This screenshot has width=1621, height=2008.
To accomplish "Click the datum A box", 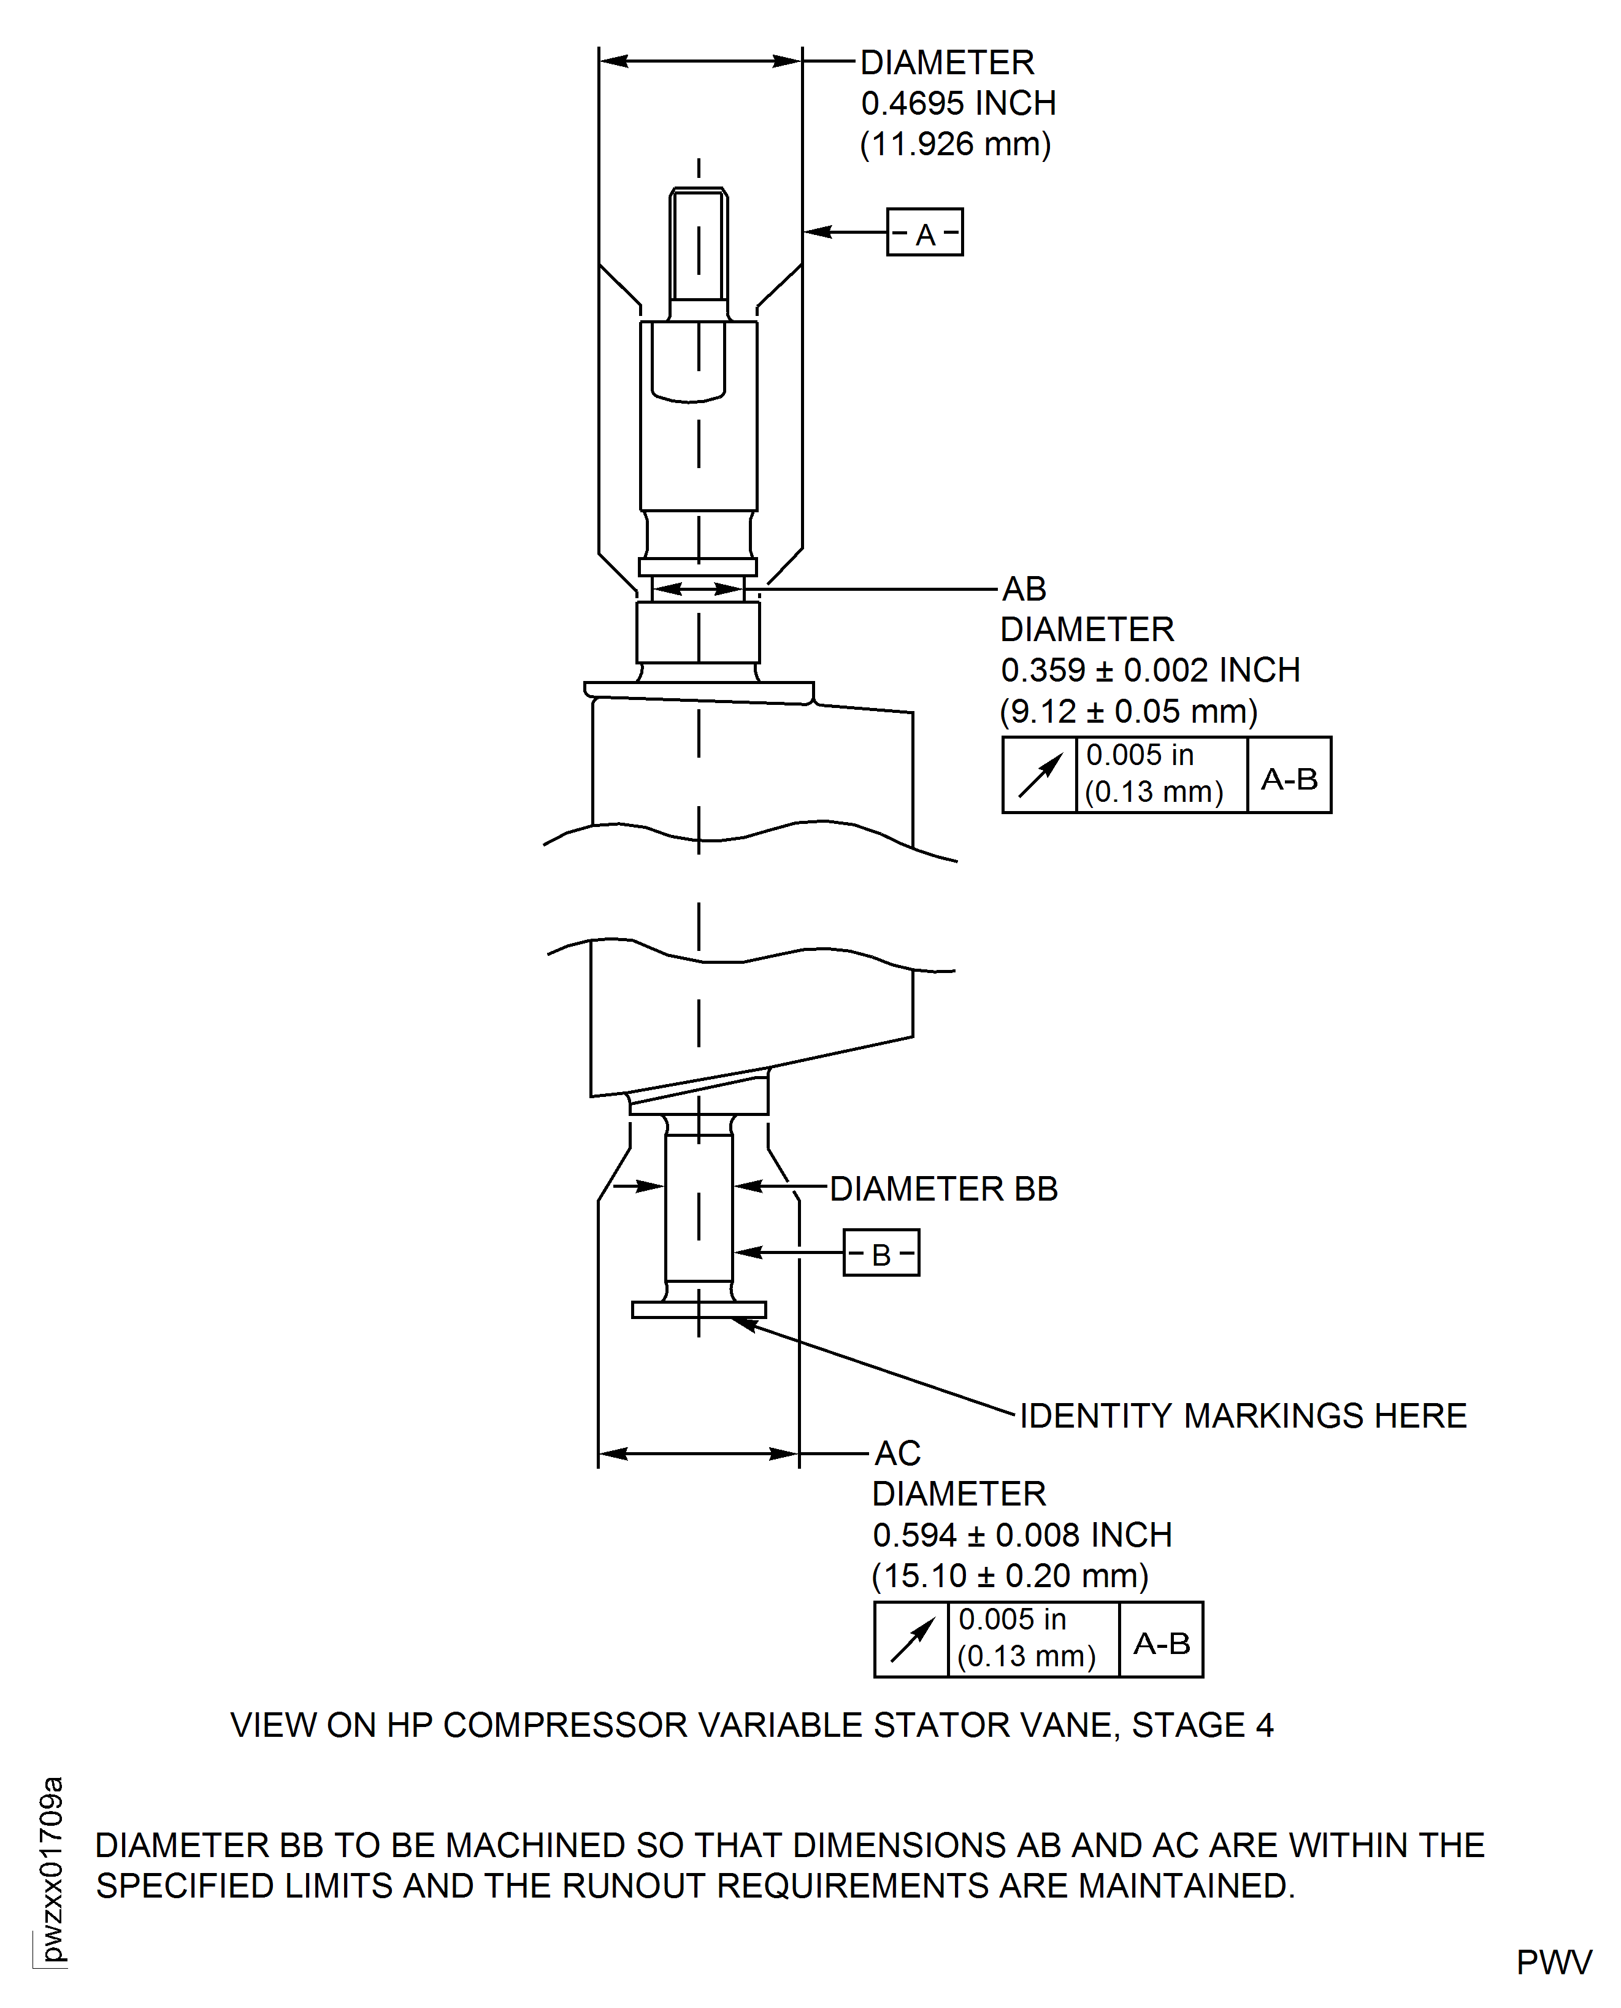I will pyautogui.click(x=924, y=233).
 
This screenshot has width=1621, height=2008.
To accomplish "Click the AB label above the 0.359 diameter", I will pyautogui.click(x=1024, y=590).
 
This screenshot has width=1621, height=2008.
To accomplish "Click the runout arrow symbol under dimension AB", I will pyautogui.click(x=1040, y=775).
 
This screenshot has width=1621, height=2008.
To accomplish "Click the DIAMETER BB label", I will pyautogui.click(x=943, y=1189).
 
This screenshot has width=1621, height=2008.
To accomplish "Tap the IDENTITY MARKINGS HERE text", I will pyautogui.click(x=1243, y=1416).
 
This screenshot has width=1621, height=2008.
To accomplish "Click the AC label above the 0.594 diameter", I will pyautogui.click(x=897, y=1454).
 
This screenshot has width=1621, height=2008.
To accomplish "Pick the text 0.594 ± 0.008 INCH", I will pyautogui.click(x=1022, y=1536).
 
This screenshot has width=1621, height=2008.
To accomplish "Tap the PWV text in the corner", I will pyautogui.click(x=1554, y=1963).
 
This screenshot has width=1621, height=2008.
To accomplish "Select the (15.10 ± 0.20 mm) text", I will pyautogui.click(x=1010, y=1577).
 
